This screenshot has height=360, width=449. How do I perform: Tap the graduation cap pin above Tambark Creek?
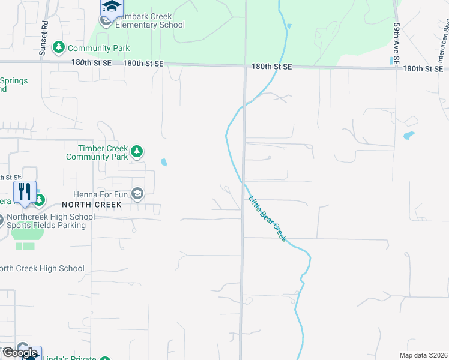click(x=111, y=7)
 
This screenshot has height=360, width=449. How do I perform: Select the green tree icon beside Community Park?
click(x=58, y=47)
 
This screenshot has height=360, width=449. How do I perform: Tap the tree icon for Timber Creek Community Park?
click(x=137, y=151)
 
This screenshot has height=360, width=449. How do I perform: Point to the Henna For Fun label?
click(x=101, y=194)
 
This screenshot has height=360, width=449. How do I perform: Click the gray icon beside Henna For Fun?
click(x=137, y=193)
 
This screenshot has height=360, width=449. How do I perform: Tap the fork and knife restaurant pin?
click(x=25, y=191)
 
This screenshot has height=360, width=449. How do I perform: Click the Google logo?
click(x=20, y=353)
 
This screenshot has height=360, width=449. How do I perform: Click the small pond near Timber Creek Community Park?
click(x=164, y=162)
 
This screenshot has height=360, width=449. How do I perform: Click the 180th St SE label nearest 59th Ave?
click(x=423, y=69)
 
